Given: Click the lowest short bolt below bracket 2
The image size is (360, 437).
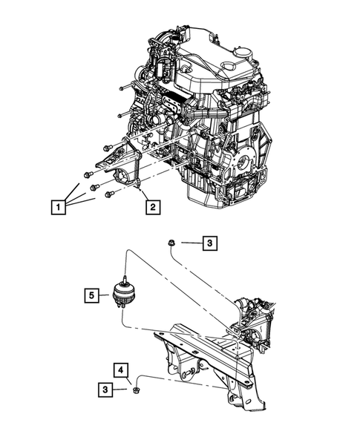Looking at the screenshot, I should pyautogui.click(x=110, y=194).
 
